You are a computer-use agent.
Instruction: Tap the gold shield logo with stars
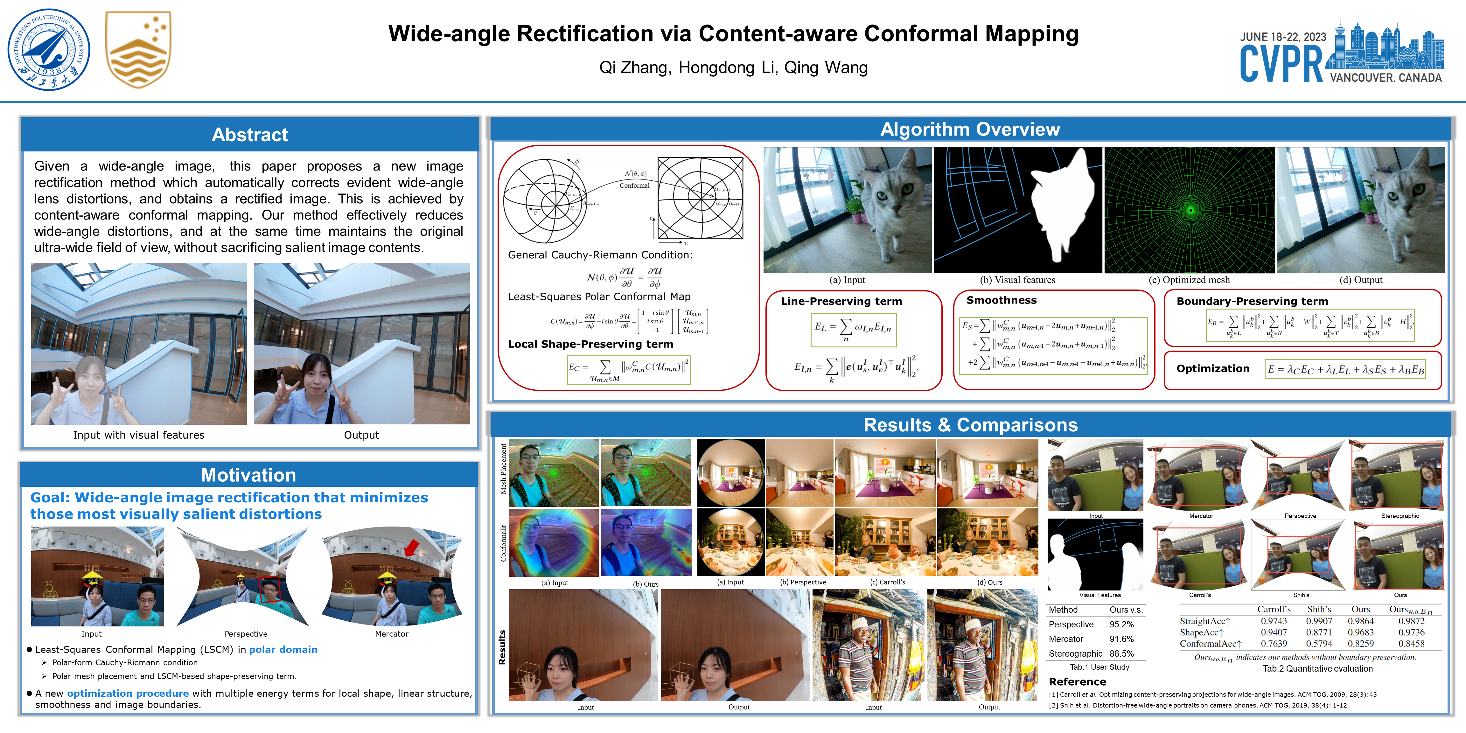tap(138, 50)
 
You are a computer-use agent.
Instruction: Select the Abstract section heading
tap(249, 135)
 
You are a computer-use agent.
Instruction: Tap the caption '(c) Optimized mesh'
tap(1189, 280)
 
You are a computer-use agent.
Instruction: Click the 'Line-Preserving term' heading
tap(841, 301)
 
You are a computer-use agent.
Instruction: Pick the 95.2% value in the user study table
tap(1121, 624)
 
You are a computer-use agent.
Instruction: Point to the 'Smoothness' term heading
tap(1001, 300)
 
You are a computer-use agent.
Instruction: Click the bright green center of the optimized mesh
tap(1190, 210)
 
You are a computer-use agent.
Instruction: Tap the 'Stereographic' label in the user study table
tap(1075, 653)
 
